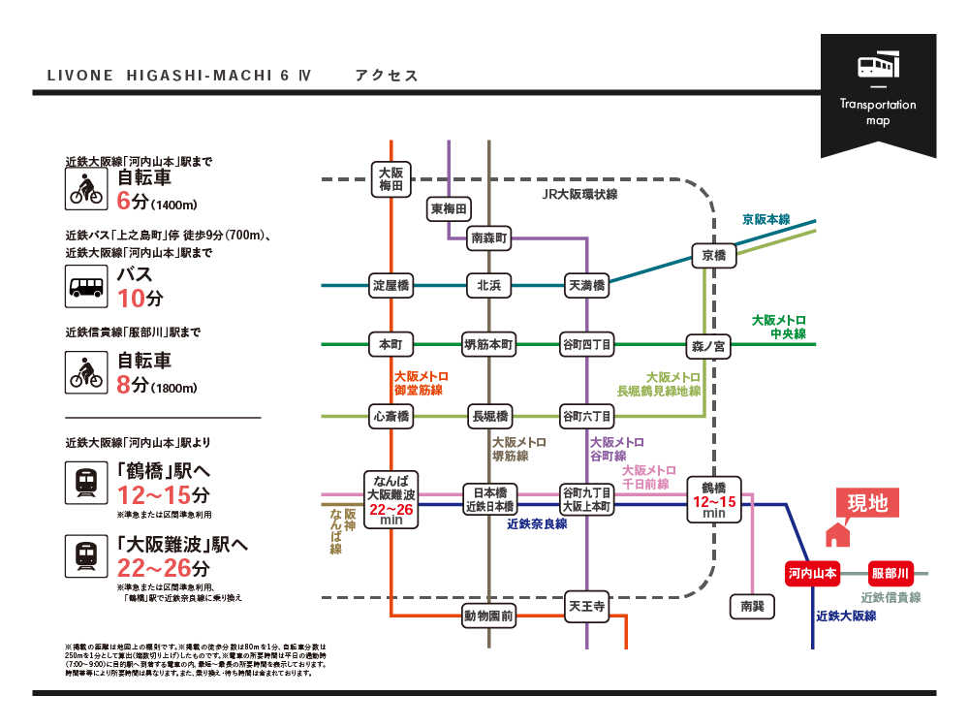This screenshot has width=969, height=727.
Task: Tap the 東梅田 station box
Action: (x=450, y=208)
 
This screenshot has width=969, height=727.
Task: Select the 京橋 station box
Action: (x=714, y=255)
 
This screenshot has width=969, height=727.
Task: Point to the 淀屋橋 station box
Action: (x=392, y=285)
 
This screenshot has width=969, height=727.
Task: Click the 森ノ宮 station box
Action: (x=708, y=344)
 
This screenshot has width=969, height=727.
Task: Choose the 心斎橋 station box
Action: (x=392, y=416)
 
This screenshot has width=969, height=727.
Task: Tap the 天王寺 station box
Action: (x=586, y=608)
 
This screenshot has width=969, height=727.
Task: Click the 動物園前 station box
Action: (x=488, y=615)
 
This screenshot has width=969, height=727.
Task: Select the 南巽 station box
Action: (x=752, y=606)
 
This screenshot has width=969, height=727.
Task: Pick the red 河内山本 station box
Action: (x=812, y=572)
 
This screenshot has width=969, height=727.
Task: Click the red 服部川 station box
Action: (x=890, y=572)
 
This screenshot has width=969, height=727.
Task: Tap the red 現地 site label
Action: (x=867, y=503)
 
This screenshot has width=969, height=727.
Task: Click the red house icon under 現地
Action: (x=835, y=535)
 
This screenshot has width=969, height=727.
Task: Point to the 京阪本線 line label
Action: (x=766, y=219)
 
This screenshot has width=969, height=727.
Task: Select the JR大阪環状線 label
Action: (x=579, y=195)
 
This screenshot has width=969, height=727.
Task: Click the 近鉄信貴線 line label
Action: (x=891, y=597)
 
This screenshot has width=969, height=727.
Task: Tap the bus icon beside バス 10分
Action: (x=85, y=286)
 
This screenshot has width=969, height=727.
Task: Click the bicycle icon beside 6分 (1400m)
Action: (x=85, y=188)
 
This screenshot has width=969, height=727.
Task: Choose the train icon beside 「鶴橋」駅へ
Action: (x=85, y=482)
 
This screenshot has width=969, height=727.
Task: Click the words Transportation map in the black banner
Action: (x=878, y=112)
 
